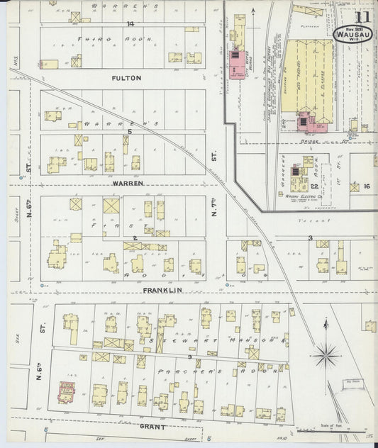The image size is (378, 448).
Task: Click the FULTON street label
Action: (x=126, y=78)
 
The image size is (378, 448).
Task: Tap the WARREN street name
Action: (x=128, y=183)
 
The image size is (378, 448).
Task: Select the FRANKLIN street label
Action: (x=162, y=290)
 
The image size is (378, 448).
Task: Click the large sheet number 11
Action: (x=362, y=17)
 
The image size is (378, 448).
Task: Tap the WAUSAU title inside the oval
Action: (x=352, y=33)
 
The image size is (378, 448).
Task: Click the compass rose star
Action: (x=327, y=350)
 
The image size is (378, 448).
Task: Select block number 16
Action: (x=366, y=186)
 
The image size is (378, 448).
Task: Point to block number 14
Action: (x=130, y=23)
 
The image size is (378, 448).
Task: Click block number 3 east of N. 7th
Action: (x=310, y=238)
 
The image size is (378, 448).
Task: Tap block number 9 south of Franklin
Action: (x=189, y=357)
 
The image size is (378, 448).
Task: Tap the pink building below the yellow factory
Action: (x=306, y=122)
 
